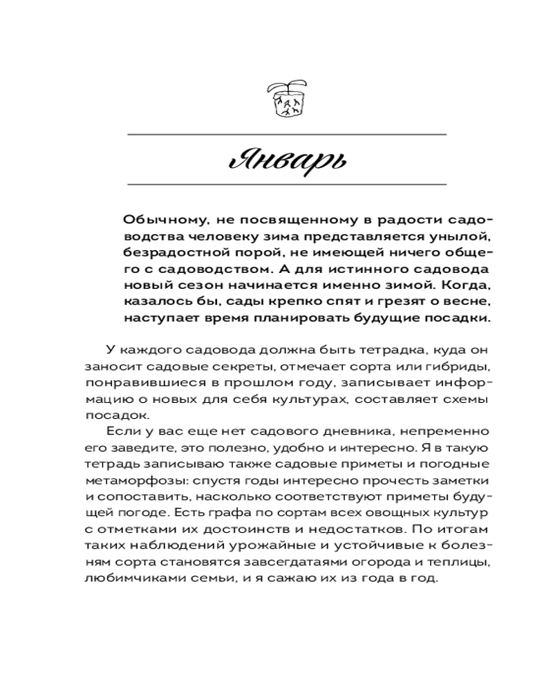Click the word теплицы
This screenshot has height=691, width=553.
pyautogui.click(x=466, y=562)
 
